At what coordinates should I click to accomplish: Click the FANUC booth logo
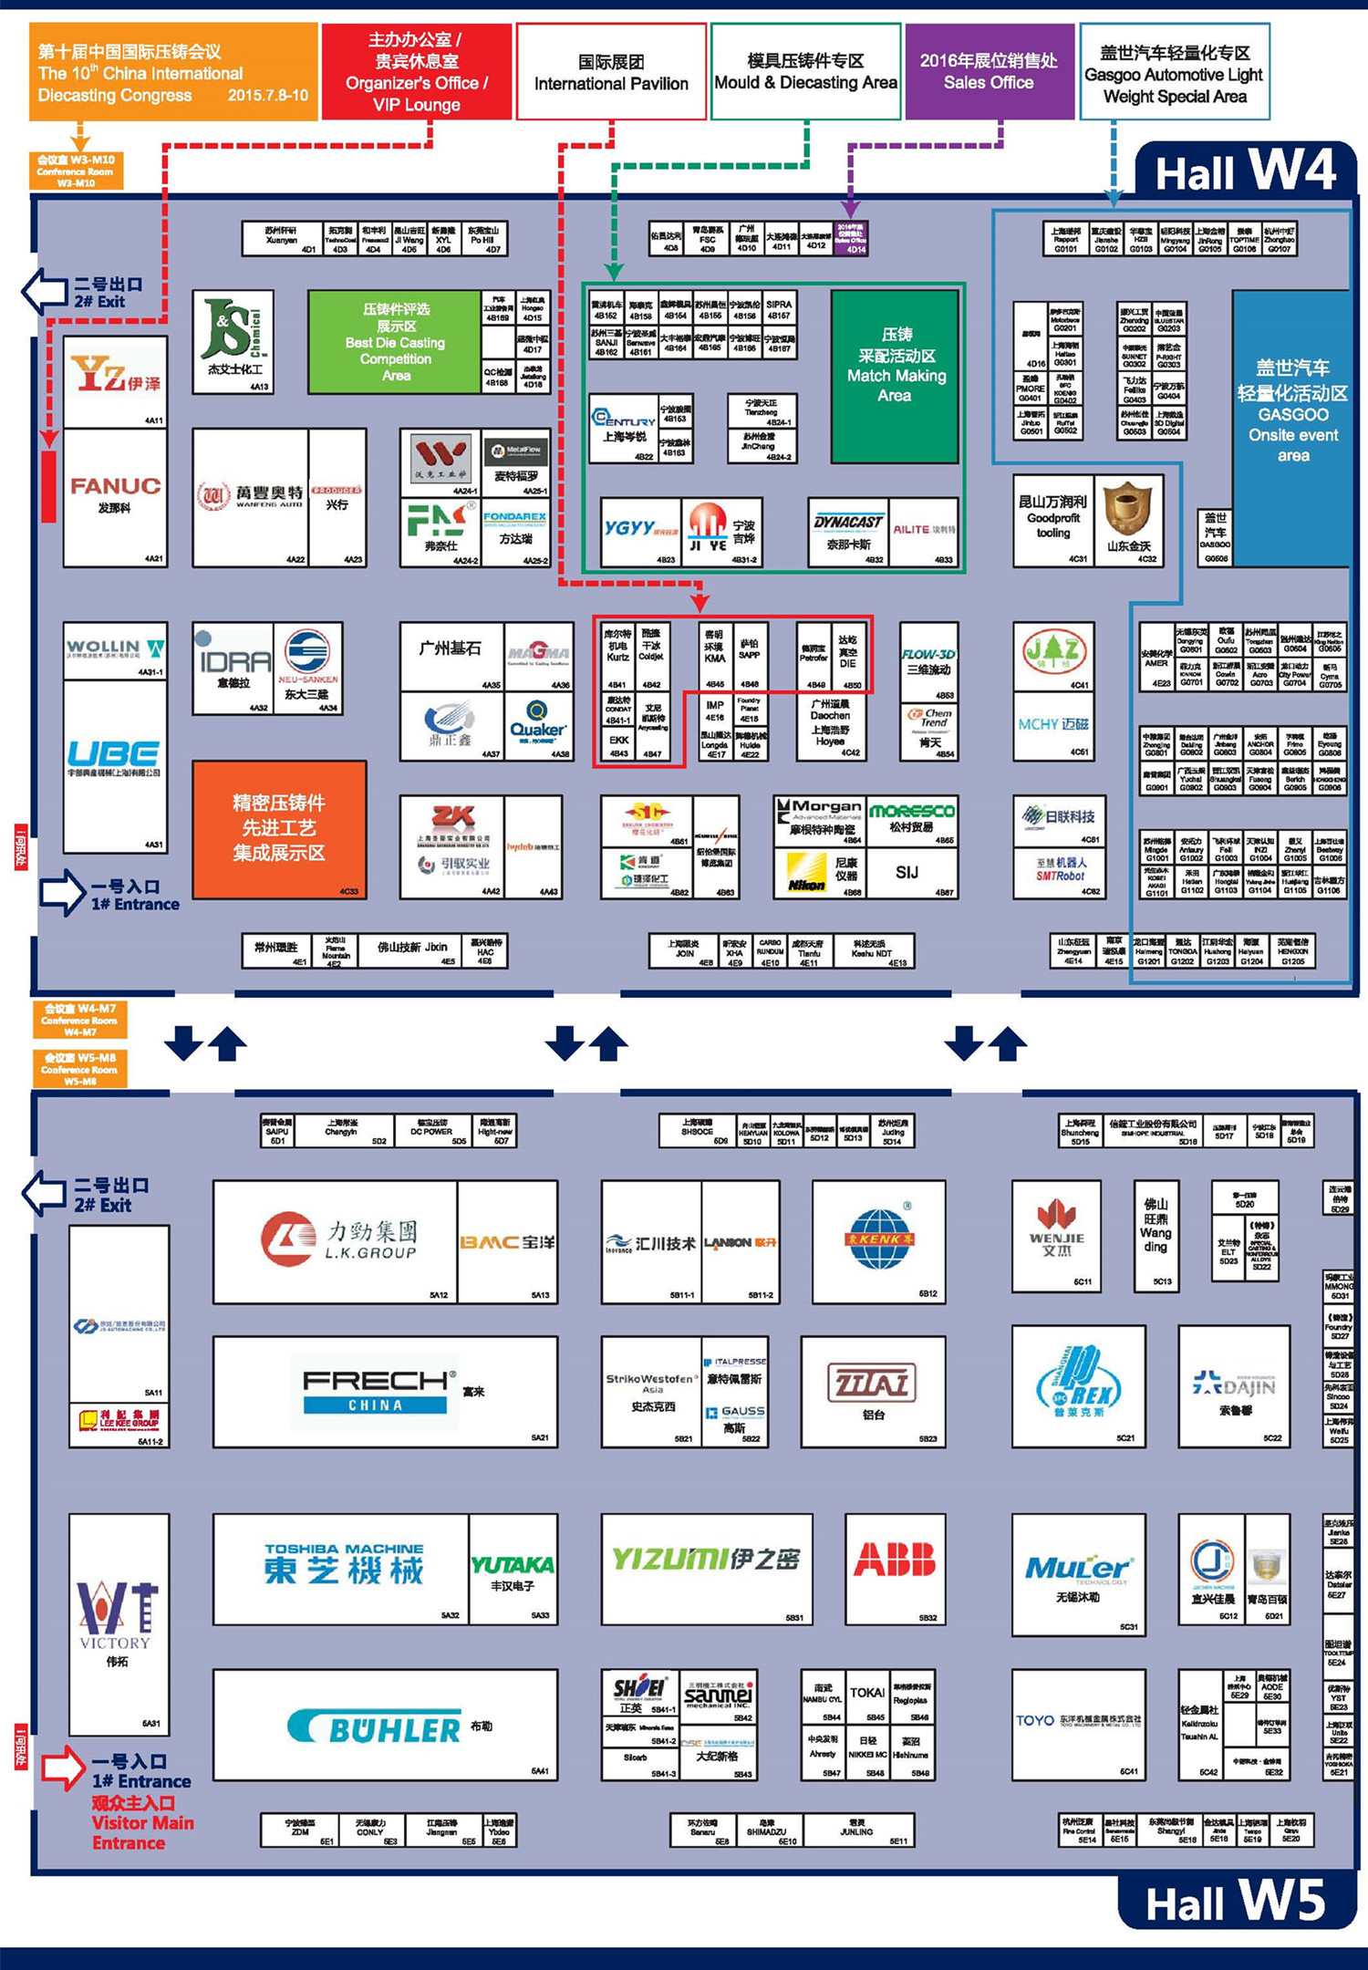point(115,487)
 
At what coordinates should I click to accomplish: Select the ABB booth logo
point(895,1560)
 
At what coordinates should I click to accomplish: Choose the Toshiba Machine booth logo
point(344,1563)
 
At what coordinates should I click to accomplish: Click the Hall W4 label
point(1245,171)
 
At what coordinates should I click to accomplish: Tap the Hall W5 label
point(1236,1903)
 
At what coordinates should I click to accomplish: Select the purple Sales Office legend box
point(989,71)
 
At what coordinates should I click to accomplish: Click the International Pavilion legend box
point(611,72)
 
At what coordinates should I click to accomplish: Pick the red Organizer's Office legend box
point(417,72)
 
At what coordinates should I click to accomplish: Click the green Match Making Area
point(896,376)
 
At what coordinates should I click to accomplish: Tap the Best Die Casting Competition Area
point(395,342)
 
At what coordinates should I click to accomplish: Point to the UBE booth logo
point(114,753)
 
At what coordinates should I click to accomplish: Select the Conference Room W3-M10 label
point(76,171)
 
